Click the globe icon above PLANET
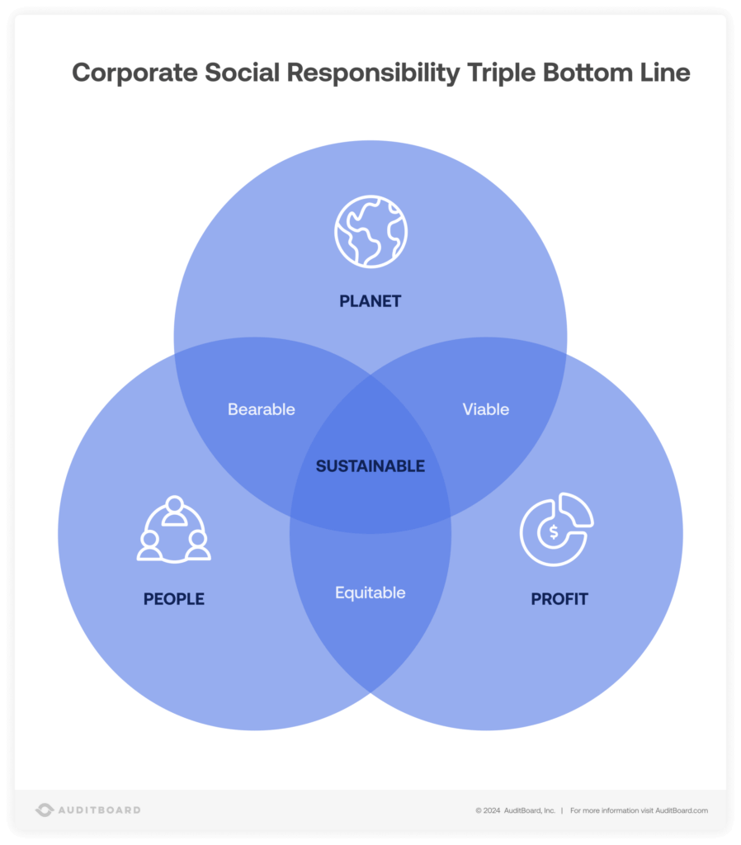pyautogui.click(x=370, y=231)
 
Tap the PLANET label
pyautogui.click(x=370, y=301)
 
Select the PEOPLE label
pyautogui.click(x=174, y=599)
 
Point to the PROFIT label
pyautogui.click(x=559, y=599)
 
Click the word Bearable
pyautogui.click(x=262, y=409)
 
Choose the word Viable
pyautogui.click(x=486, y=409)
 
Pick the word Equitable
pyautogui.click(x=370, y=592)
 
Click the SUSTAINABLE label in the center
pyautogui.click(x=370, y=466)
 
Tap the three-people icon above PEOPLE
pyautogui.click(x=173, y=530)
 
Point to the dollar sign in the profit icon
pyautogui.click(x=554, y=532)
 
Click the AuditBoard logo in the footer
pyautogui.click(x=88, y=810)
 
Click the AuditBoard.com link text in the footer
pyautogui.click(x=681, y=810)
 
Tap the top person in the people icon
pyautogui.click(x=173, y=507)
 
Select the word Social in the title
pyautogui.click(x=241, y=73)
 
